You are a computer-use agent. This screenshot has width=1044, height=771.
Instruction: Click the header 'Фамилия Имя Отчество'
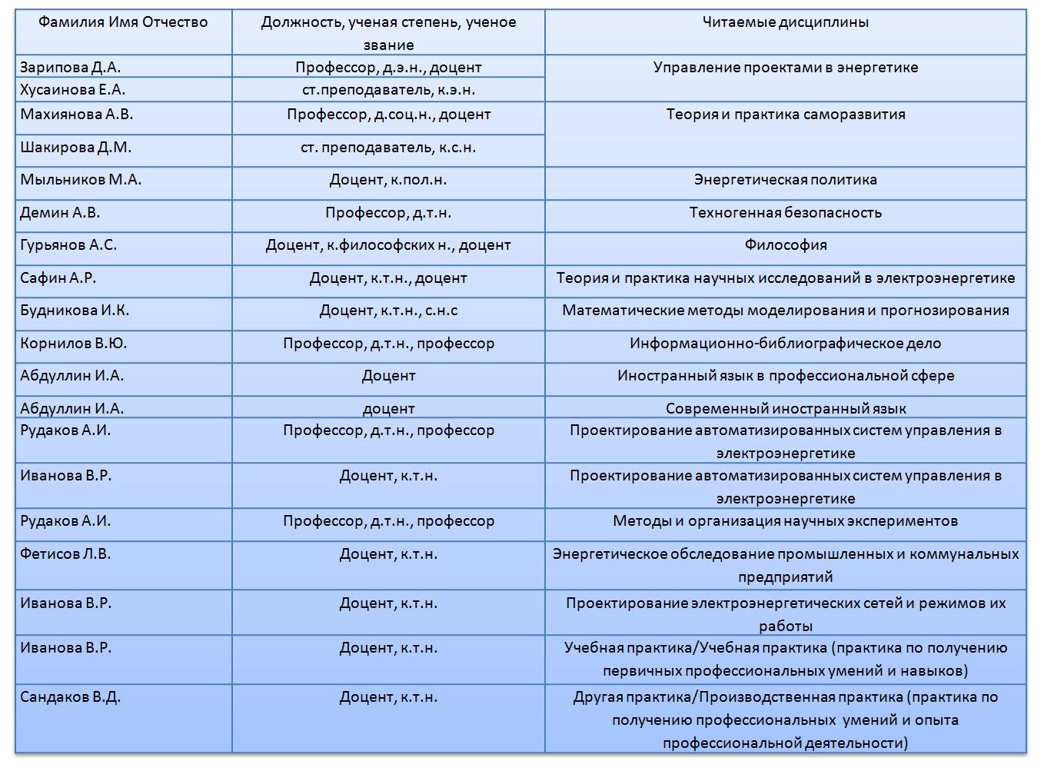123,22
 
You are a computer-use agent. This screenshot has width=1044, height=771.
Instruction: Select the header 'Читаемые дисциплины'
785,22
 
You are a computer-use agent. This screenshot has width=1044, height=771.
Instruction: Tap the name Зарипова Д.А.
71,68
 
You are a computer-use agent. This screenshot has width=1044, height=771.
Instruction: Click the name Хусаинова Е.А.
73,90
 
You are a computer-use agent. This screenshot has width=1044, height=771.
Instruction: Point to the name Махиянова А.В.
77,115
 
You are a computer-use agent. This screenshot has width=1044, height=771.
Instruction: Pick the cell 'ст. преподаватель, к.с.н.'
388,148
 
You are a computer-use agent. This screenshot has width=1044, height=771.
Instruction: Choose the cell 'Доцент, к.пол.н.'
388,180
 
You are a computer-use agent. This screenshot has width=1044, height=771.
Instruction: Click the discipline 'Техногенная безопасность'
785,213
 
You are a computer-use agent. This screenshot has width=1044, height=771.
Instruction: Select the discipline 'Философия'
785,245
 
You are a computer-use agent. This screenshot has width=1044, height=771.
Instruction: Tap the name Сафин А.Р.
58,278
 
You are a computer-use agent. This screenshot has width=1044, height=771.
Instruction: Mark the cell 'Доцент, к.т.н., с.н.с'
388,311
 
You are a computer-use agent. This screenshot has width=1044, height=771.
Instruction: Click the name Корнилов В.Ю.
74,344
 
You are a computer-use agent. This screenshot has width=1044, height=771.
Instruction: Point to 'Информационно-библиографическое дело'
785,344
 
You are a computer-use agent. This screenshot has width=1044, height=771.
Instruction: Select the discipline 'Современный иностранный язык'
785,409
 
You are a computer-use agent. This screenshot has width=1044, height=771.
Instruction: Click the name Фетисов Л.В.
65,554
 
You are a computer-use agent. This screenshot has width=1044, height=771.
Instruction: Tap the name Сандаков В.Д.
70,697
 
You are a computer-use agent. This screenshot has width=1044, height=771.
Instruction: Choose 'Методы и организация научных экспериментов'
785,521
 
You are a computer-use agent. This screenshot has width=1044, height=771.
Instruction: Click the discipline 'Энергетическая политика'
785,180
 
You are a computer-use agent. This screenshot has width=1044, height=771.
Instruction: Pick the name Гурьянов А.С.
68,245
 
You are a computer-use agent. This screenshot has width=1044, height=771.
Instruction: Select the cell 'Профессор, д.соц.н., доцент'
388,115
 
